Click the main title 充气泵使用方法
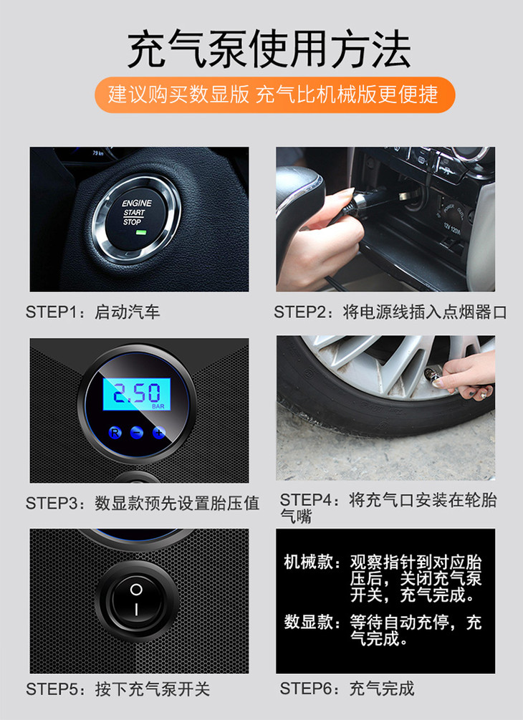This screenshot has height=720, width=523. [x=269, y=49]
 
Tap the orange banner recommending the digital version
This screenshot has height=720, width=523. [x=274, y=95]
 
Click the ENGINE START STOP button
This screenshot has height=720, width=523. [x=136, y=219]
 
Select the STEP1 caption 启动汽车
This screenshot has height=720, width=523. [x=92, y=312]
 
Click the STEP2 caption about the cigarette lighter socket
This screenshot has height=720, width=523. [x=390, y=312]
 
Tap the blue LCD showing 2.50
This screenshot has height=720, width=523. [x=136, y=394]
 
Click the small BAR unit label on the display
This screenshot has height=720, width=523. [x=158, y=406]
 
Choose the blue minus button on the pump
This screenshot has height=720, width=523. [x=136, y=432]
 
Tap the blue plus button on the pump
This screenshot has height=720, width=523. [x=158, y=432]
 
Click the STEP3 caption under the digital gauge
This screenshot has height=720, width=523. [x=143, y=503]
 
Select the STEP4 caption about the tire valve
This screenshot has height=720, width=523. [x=388, y=508]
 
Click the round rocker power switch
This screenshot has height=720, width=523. [x=136, y=600]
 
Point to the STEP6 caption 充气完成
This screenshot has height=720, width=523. [x=347, y=688]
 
